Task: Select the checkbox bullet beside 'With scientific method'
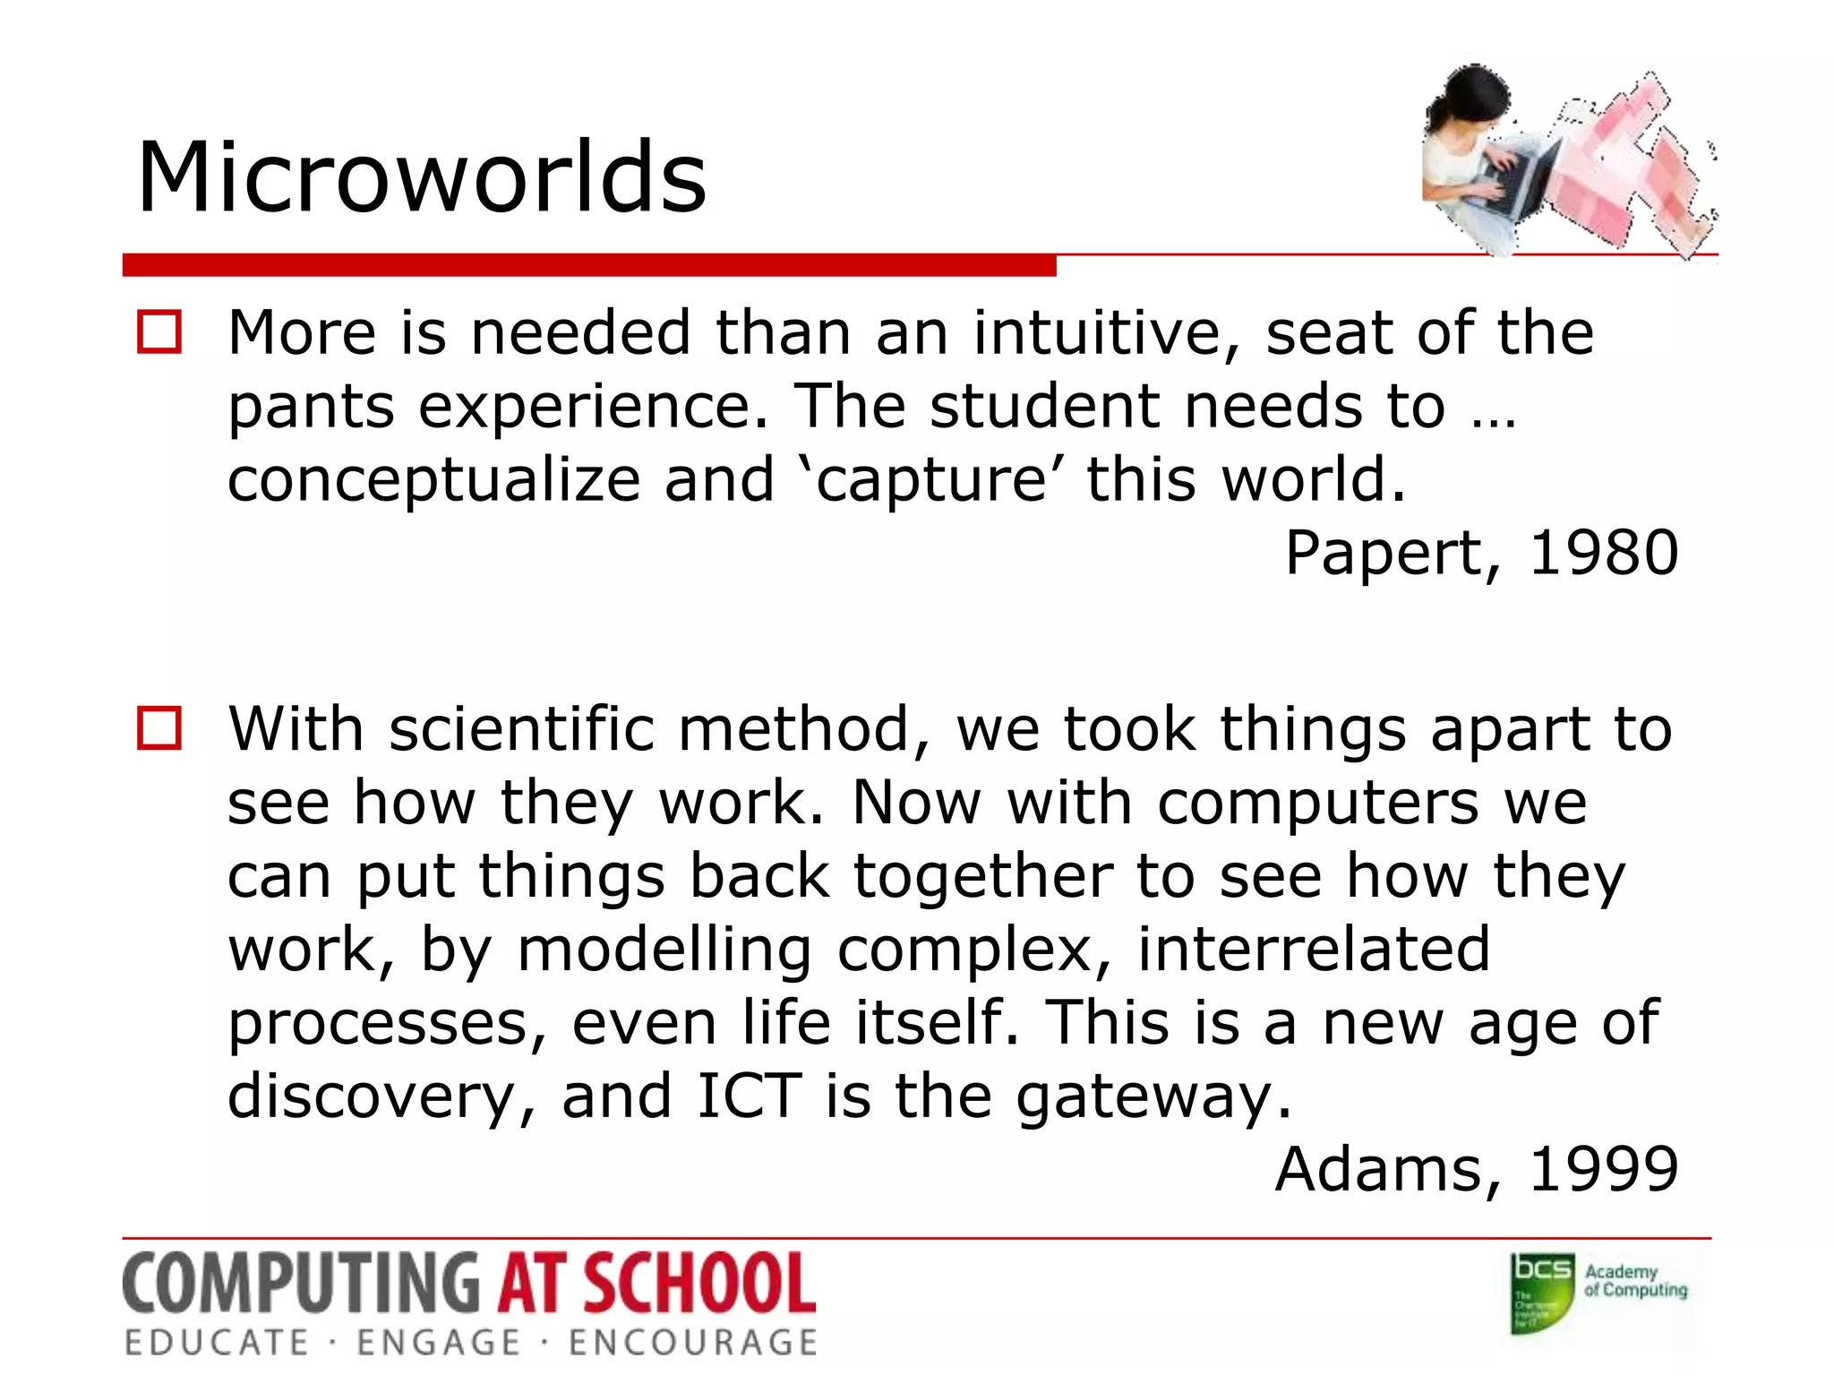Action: [x=159, y=727]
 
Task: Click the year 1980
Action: [x=1603, y=553]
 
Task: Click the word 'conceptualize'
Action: [x=433, y=481]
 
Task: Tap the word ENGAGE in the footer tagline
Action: [x=438, y=1343]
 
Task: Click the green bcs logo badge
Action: [x=1542, y=1292]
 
